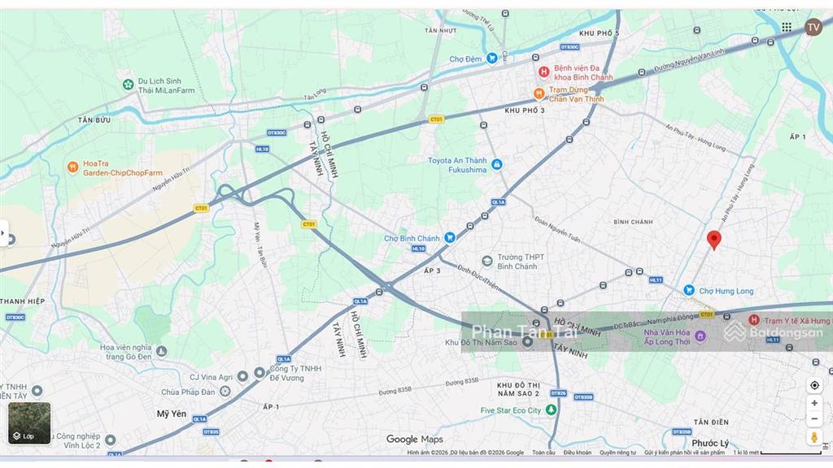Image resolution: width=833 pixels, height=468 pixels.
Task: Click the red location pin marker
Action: coord(714,239)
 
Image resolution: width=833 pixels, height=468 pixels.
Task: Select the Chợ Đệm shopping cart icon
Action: coord(491,58)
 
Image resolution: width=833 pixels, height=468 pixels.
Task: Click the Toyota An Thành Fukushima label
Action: coord(457,165)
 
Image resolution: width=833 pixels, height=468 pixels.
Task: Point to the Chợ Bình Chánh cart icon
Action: coord(449,238)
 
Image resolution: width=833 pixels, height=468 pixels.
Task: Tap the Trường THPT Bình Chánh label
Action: coord(517,261)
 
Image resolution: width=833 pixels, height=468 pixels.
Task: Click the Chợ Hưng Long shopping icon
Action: coord(689,290)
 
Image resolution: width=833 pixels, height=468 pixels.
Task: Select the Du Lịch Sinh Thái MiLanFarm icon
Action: coord(128,84)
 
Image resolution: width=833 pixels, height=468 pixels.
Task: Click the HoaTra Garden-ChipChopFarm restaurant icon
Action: coord(73,167)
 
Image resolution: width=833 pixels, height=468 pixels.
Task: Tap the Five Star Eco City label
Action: coord(511,410)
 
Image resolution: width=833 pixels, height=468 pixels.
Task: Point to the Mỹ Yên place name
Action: coord(172,414)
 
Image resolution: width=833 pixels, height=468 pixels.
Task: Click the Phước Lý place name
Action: coord(711,443)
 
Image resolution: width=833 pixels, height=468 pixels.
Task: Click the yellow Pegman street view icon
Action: coord(814,437)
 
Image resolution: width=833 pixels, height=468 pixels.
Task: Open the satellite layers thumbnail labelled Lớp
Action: coord(29,423)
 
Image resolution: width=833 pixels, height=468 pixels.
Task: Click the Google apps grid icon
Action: coord(787,27)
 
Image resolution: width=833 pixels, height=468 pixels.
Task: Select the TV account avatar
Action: coord(813,27)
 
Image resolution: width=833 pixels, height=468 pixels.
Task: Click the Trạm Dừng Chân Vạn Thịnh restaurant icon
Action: coord(539,93)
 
